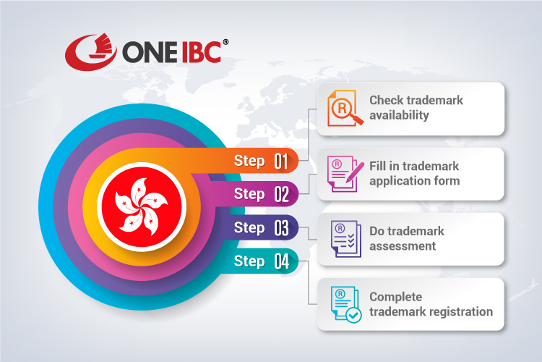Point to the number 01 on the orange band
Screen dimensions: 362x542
(281, 161)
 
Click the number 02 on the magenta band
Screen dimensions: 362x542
(281, 194)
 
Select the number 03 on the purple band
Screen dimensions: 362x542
(281, 228)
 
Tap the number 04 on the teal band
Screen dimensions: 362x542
(281, 262)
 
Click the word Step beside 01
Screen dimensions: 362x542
(249, 161)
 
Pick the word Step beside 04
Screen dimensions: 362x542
(249, 261)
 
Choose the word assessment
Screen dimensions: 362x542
(403, 245)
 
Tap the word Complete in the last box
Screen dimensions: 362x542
(395, 297)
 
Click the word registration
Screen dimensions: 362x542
(457, 311)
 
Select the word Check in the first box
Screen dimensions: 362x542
(387, 100)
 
